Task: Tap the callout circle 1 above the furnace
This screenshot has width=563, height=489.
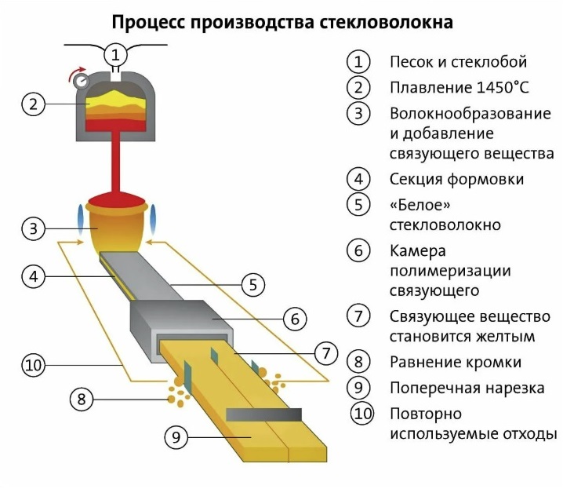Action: [115, 54]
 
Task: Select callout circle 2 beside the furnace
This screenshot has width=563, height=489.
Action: [32, 104]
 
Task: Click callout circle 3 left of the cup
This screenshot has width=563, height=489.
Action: [32, 229]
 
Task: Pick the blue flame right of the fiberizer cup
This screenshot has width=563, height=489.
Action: [154, 217]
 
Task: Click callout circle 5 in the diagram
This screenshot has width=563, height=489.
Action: [252, 285]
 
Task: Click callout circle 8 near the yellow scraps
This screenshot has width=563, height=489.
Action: [81, 399]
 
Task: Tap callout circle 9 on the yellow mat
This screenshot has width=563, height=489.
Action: [176, 436]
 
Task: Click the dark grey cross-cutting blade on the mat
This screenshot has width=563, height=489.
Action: [263, 414]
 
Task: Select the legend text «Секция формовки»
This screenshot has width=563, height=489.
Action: [457, 179]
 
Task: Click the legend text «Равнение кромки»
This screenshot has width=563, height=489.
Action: [456, 362]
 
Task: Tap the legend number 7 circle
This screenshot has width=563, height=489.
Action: [358, 316]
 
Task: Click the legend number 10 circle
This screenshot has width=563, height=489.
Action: [361, 414]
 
